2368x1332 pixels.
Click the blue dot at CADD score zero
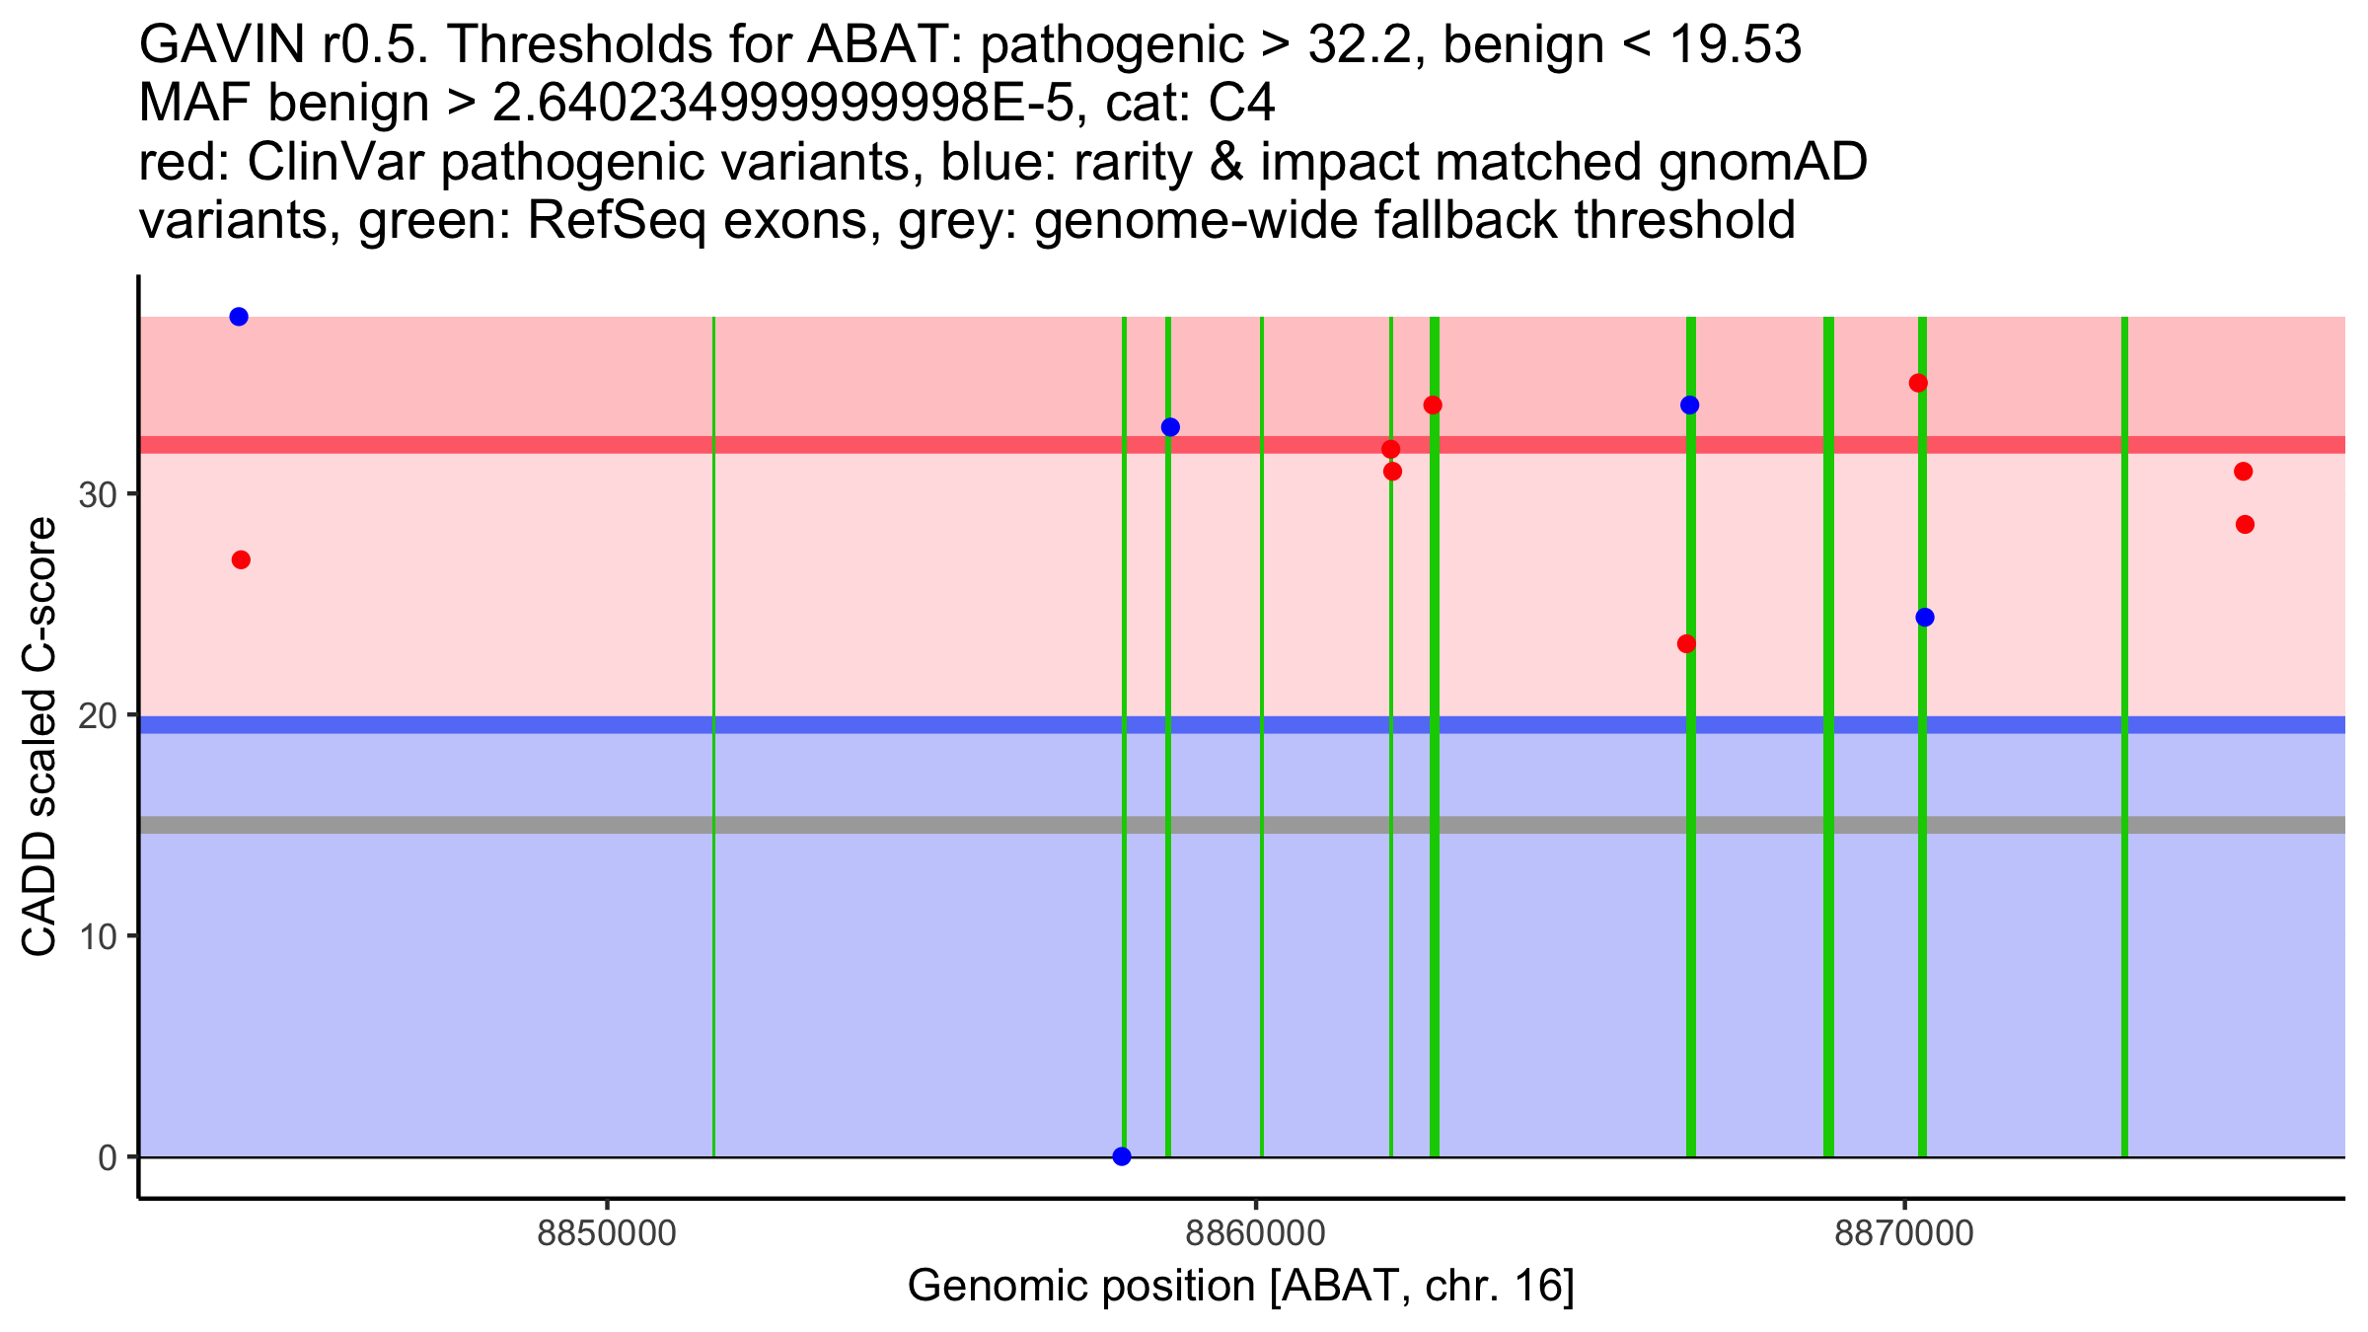coord(1122,1156)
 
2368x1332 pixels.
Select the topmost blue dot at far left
coord(239,317)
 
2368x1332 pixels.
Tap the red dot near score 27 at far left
coord(241,560)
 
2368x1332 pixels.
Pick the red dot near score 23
coord(1686,644)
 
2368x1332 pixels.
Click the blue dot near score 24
coord(1925,618)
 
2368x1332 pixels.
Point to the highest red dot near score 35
coord(1918,383)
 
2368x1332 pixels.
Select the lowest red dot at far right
coord(2245,524)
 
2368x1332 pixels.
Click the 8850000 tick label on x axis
coord(607,1234)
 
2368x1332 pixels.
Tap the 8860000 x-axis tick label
coord(1256,1234)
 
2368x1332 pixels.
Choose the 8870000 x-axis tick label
coord(1904,1234)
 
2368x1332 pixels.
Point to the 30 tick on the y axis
coord(99,494)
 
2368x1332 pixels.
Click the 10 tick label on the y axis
coord(99,936)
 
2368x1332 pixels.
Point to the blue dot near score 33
coord(1170,427)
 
